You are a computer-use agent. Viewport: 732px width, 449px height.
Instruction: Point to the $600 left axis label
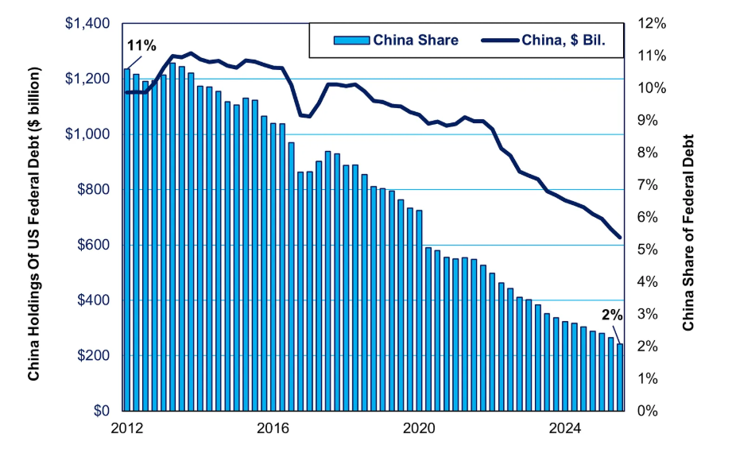pos(93,245)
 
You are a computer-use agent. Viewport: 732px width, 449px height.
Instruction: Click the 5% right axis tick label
pos(647,250)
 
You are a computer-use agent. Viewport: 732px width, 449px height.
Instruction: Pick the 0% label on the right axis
pos(647,411)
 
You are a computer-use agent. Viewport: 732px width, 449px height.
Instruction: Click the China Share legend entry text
pos(416,40)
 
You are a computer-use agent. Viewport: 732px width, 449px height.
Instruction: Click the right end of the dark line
pos(619,237)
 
